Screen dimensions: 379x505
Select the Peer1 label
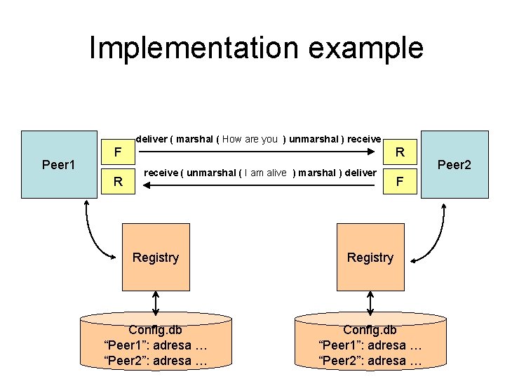(x=59, y=165)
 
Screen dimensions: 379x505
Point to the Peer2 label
(x=454, y=165)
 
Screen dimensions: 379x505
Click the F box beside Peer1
(x=118, y=151)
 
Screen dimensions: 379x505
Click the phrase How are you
(x=250, y=139)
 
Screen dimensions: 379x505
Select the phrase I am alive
(x=265, y=173)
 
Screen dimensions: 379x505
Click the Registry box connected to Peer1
(x=156, y=258)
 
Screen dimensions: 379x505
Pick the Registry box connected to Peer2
(x=370, y=258)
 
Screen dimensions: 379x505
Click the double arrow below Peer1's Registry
(x=156, y=302)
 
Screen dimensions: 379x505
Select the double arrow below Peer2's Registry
(x=370, y=302)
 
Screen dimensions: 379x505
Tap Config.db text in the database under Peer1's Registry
(x=156, y=330)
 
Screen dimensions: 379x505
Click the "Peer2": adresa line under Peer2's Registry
(x=370, y=361)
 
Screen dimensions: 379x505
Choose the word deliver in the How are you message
(x=151, y=139)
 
